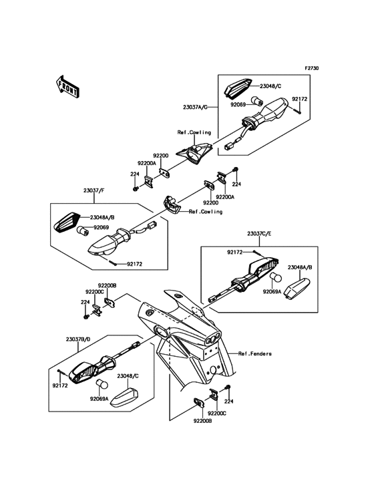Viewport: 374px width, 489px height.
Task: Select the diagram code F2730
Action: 311,67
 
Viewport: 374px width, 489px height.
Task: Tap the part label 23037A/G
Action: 195,107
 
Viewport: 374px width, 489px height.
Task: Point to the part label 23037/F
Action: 93,190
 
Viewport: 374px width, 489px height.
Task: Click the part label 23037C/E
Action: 259,233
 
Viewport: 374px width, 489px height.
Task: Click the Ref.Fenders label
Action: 255,353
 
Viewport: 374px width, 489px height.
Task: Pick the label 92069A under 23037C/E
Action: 272,292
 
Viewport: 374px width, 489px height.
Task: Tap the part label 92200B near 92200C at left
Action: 108,285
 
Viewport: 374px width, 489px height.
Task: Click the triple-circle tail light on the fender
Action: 212,338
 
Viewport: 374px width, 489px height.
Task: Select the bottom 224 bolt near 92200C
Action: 228,388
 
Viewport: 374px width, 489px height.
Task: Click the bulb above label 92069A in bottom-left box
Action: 103,384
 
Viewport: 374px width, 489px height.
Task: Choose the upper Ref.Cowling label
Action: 194,132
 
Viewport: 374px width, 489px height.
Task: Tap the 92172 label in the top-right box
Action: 299,99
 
